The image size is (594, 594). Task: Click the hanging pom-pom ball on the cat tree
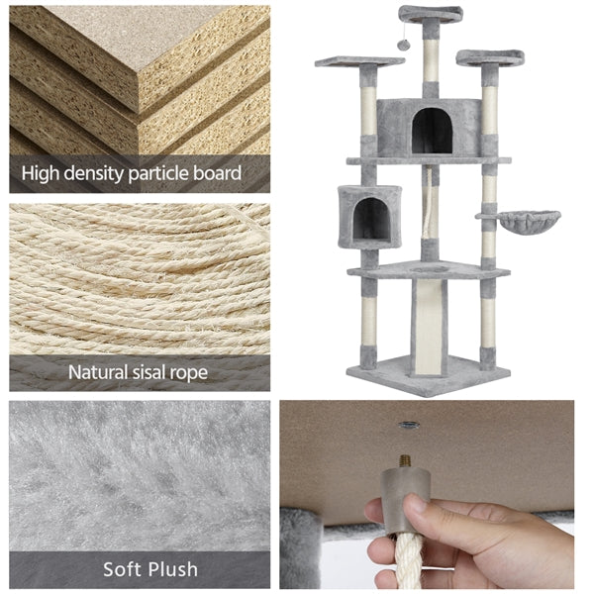click(402, 46)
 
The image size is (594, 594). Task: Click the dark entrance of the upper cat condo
click(432, 131)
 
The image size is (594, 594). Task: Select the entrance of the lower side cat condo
click(371, 219)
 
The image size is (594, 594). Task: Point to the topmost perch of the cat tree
click(431, 13)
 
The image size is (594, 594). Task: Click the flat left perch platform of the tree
click(359, 60)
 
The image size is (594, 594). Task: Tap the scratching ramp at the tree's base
click(429, 328)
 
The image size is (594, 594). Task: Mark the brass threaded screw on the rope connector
click(405, 461)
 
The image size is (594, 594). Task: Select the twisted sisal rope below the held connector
click(408, 560)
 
